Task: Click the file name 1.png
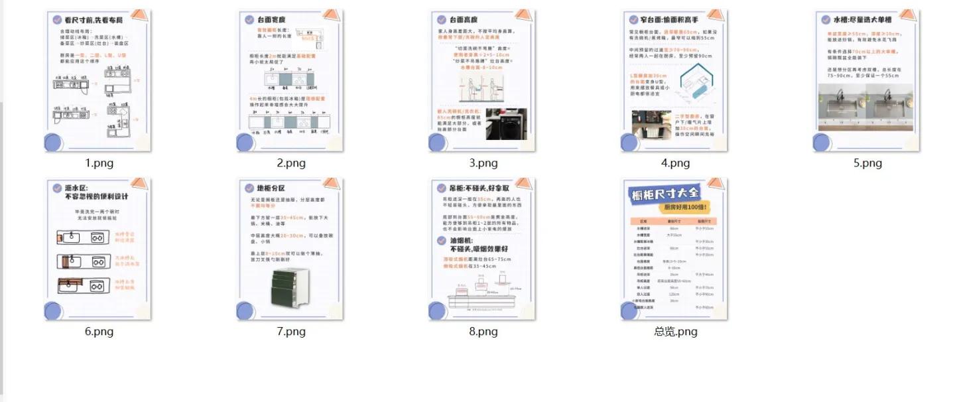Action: coord(99,163)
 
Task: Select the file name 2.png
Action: coord(291,163)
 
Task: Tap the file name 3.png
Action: coord(483,163)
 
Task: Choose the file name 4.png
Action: coord(675,163)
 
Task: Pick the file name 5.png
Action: coord(867,163)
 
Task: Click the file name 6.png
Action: coord(99,332)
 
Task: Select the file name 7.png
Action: coord(291,332)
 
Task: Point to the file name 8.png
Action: coord(483,332)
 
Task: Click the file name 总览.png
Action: coord(675,332)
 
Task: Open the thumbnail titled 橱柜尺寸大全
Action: coord(674,249)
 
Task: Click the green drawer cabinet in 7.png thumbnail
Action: coord(291,287)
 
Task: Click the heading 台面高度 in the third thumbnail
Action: coord(464,20)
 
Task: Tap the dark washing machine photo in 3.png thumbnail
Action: coord(506,124)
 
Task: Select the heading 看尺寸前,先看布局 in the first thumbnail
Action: coord(94,20)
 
